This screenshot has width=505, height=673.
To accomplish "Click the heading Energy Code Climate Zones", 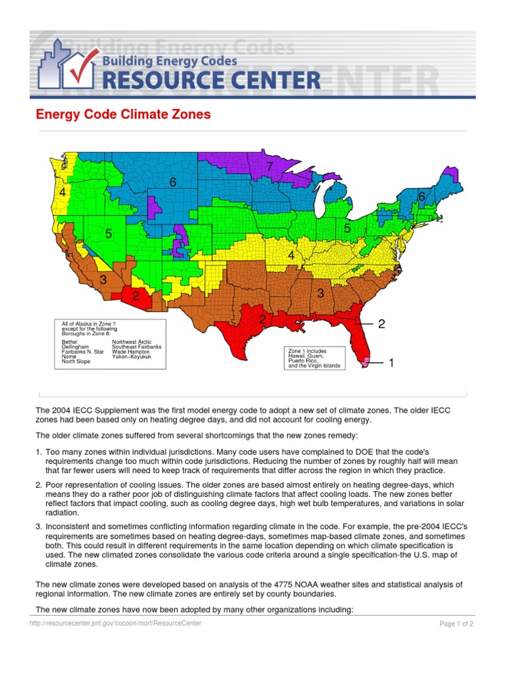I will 123,114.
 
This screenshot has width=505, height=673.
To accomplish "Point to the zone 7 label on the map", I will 270,167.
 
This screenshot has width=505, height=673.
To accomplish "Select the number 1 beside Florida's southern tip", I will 391,362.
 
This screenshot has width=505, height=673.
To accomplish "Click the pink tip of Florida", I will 366,360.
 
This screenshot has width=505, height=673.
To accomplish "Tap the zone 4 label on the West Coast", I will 62,193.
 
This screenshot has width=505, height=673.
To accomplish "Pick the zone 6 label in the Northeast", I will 421,197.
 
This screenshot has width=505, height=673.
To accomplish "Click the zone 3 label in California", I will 103,281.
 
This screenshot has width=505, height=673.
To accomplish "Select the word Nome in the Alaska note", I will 68,356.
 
